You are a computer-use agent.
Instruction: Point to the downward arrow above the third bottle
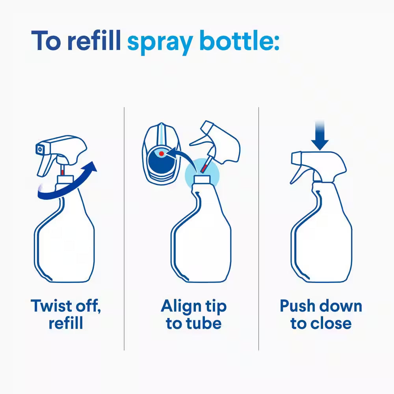[x=320, y=138]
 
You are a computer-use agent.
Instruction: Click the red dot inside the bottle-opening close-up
[x=161, y=153]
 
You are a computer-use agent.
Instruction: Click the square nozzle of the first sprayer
[x=39, y=149]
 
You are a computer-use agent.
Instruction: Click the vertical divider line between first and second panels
[x=124, y=229]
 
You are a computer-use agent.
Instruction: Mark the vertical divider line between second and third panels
[x=258, y=229]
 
